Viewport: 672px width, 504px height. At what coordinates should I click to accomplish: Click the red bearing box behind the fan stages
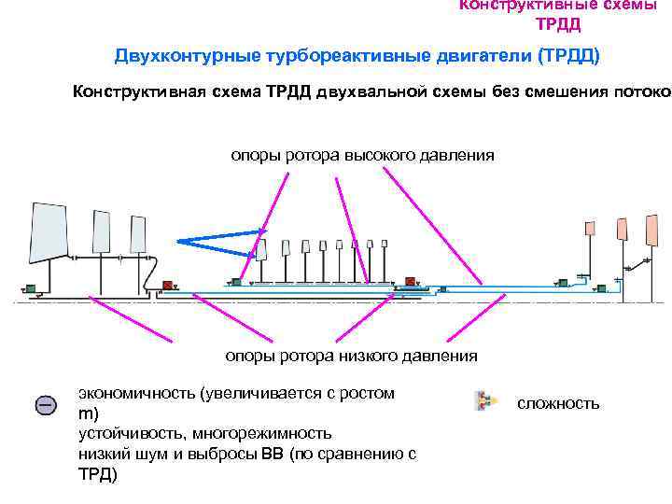point(169,286)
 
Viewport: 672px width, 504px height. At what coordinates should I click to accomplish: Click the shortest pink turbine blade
point(589,228)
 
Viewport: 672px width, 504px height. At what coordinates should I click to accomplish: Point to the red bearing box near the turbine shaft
point(410,282)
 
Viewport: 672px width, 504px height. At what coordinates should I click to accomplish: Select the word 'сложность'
point(558,403)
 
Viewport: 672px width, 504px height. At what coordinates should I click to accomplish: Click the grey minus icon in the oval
point(46,405)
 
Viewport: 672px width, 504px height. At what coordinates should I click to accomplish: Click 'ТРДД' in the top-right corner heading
point(558,23)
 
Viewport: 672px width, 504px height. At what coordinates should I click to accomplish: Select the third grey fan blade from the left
point(138,234)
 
